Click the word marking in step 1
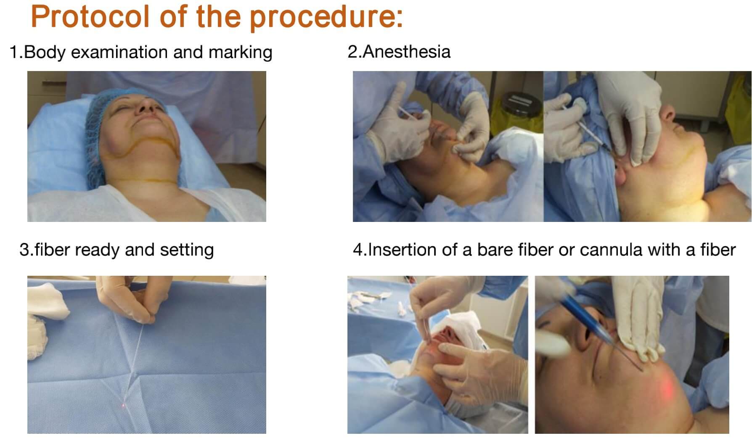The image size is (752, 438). tap(240, 53)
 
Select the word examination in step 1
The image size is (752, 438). tap(119, 53)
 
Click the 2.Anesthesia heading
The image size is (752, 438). tap(399, 52)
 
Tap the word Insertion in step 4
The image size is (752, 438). tap(402, 250)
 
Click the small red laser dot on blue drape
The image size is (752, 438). tap(123, 405)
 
